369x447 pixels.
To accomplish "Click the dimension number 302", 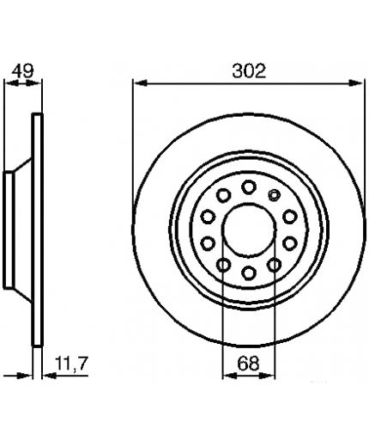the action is click(249, 71).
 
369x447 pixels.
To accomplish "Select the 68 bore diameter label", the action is click(248, 364).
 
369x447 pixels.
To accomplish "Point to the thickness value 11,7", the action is click(71, 364).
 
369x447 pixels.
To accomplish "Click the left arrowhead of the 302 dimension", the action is click(141, 83).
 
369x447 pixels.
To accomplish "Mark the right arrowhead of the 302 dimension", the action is click(356, 83).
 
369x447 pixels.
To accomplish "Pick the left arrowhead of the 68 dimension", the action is click(230, 376).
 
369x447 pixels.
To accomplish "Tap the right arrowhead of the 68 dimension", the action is click(267, 376).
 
